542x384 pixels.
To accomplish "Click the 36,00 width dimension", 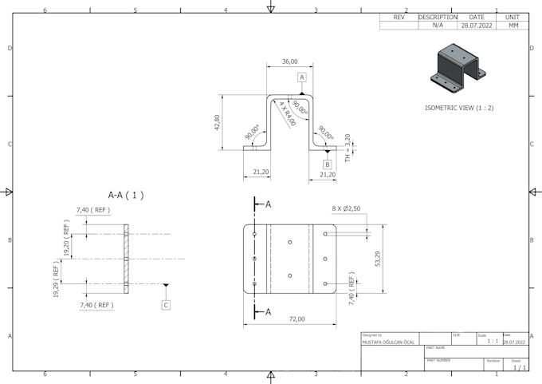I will click(289, 61).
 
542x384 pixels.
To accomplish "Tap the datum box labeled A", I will click(302, 77).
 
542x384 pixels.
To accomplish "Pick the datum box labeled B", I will click(327, 164).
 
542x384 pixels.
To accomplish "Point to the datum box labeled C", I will click(166, 304).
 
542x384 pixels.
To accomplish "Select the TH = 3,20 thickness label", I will click(348, 148).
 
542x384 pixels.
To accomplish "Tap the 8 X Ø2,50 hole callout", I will click(347, 208).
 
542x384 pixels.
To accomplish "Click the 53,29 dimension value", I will click(377, 259).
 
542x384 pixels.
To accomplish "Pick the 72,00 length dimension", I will click(297, 319).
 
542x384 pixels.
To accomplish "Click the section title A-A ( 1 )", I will click(126, 195).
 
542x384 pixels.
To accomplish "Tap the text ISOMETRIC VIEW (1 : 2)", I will click(459, 107).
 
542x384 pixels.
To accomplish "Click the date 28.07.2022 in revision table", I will click(477, 26).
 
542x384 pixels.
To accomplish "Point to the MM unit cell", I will click(513, 26).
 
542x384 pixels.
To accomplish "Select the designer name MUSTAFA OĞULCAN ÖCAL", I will click(388, 342).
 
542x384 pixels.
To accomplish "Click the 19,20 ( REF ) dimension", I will click(67, 239).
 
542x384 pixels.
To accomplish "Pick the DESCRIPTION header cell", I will click(438, 17).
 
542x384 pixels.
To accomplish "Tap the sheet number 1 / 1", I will click(518, 367).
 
